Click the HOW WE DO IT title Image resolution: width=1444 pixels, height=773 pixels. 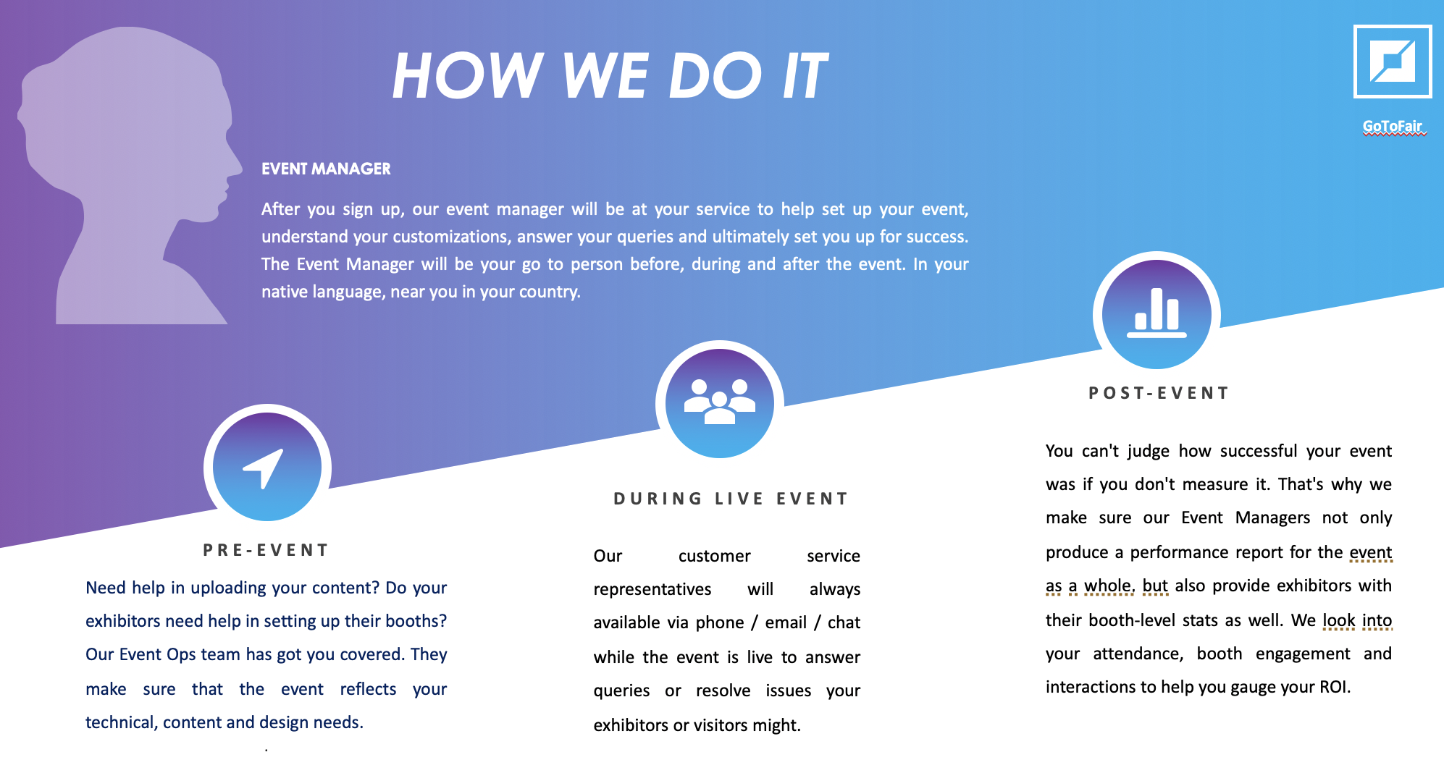610,75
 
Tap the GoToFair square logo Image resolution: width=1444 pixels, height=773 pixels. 1393,62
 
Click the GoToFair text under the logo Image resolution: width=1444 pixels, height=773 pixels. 1393,126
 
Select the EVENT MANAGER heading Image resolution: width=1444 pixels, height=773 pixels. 326,169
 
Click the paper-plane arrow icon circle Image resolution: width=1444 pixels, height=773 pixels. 267,468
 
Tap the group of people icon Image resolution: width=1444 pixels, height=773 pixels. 720,401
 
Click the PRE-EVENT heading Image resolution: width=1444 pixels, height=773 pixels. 266,550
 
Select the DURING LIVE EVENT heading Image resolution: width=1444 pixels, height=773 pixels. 731,499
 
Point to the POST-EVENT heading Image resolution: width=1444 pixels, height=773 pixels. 1159,393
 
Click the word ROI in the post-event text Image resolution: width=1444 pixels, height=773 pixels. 1335,686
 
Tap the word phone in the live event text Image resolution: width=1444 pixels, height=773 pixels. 720,622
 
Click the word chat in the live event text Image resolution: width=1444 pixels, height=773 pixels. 844,622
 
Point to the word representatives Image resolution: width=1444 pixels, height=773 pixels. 652,589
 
